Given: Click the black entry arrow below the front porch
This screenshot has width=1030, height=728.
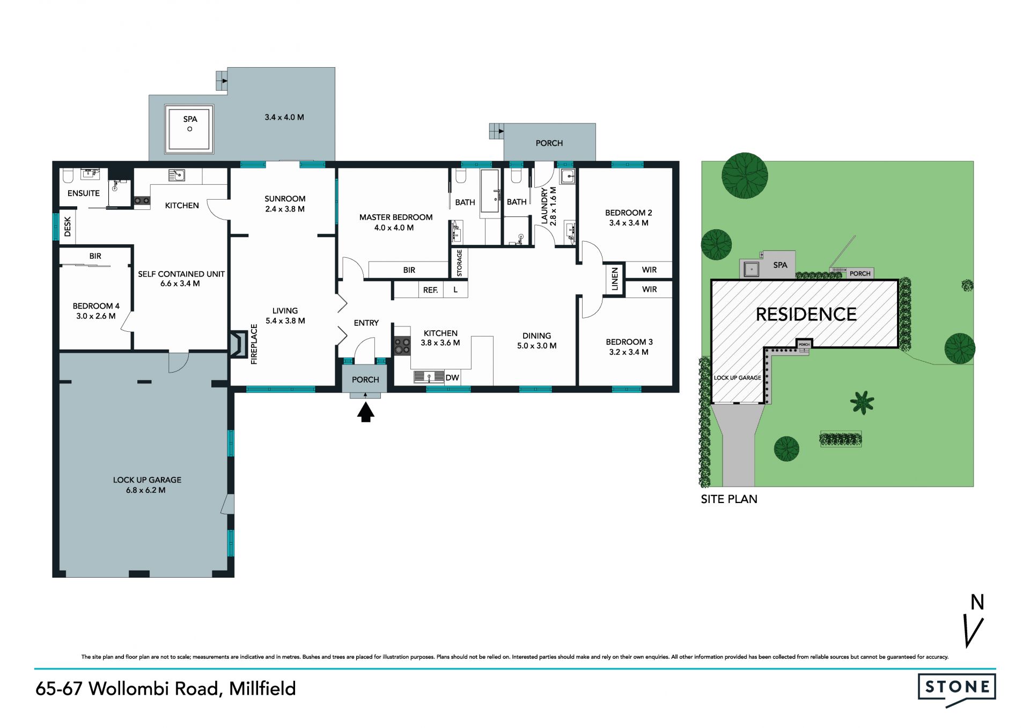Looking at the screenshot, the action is (366, 412).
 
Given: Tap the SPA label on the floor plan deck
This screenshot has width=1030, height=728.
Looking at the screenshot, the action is (190, 119).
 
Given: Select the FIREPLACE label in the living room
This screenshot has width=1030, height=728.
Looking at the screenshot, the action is (254, 344).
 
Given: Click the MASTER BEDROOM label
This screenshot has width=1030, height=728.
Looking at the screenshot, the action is (396, 217).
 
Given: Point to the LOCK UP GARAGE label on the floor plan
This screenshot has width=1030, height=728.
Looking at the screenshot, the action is (147, 480).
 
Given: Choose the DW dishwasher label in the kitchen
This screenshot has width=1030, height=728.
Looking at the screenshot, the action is (452, 378).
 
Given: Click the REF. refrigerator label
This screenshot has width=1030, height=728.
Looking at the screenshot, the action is (430, 290).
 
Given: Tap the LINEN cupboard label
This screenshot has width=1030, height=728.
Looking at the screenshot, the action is (615, 279).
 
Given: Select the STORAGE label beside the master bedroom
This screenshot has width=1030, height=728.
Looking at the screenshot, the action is (459, 263).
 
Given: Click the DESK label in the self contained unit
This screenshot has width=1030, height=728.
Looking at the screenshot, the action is (68, 226).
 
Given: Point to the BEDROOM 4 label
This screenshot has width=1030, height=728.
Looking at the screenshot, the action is (96, 306).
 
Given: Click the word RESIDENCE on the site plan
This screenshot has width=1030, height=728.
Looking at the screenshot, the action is (806, 314).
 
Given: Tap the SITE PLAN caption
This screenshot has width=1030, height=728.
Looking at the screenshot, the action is (729, 499).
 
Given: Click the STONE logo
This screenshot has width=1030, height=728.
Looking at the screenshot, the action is (957, 689).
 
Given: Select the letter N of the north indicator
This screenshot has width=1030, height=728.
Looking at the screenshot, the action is (977, 602).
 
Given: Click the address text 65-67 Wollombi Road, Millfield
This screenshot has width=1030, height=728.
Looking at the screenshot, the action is (166, 689).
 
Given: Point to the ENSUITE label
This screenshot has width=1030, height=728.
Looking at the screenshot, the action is (84, 193).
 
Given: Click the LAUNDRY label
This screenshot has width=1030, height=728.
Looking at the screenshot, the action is (545, 206).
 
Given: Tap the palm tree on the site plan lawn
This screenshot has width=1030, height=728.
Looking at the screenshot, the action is (862, 403).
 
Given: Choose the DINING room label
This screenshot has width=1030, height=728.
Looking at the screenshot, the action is (536, 336).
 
